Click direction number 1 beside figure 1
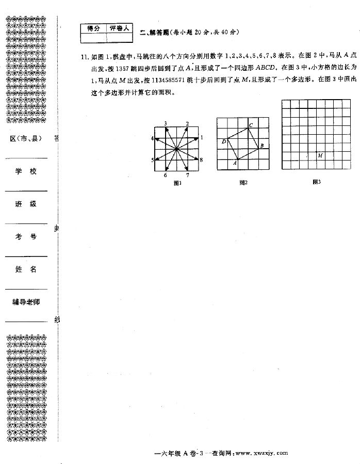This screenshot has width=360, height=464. tap(202, 138)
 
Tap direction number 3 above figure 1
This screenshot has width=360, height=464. tap(165, 123)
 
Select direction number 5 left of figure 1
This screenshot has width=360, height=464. tap(152, 160)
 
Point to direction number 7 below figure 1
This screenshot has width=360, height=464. tap(187, 175)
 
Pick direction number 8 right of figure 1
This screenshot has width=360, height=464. tap(201, 160)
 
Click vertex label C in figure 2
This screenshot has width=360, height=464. tap(251, 125)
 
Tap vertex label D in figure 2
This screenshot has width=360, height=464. tap(223, 141)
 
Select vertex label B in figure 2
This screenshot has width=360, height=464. tap(261, 146)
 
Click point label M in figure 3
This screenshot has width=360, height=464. tap(320, 155)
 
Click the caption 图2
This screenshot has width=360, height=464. tap(243, 183)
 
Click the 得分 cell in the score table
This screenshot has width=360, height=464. tap(93, 28)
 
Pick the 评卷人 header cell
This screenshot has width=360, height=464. tap(121, 28)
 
